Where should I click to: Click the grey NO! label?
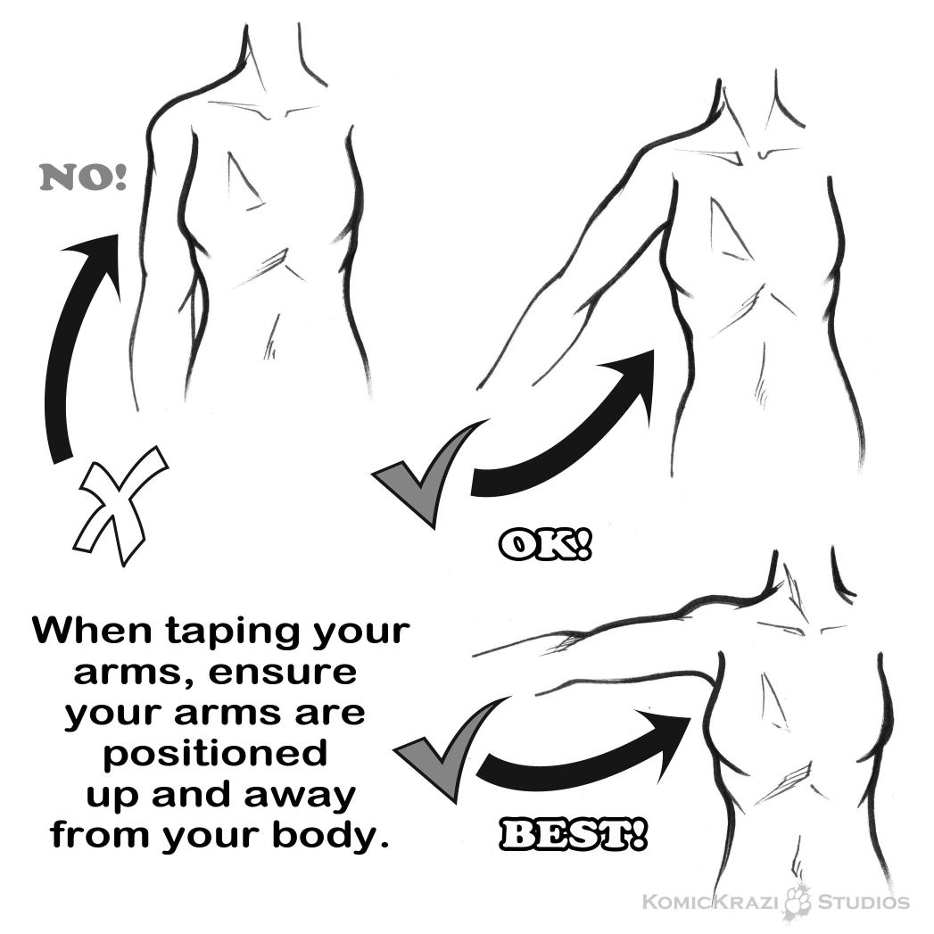83,178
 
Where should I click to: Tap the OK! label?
545,546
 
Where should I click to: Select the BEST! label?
572,834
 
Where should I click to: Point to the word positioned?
216,755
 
